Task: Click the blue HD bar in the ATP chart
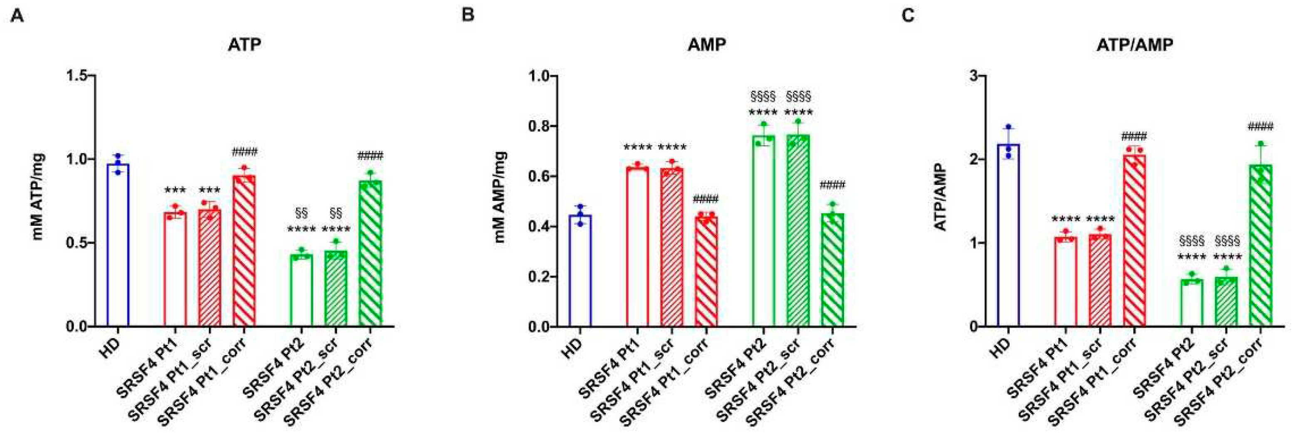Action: point(118,246)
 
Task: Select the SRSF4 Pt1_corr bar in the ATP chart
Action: point(244,251)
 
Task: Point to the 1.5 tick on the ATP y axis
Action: point(77,75)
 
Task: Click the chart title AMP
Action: point(707,45)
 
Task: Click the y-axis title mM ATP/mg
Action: point(38,197)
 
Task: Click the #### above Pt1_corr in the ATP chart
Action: point(244,152)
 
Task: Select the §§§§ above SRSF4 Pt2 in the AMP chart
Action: point(763,96)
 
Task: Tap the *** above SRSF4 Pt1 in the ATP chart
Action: point(175,191)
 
